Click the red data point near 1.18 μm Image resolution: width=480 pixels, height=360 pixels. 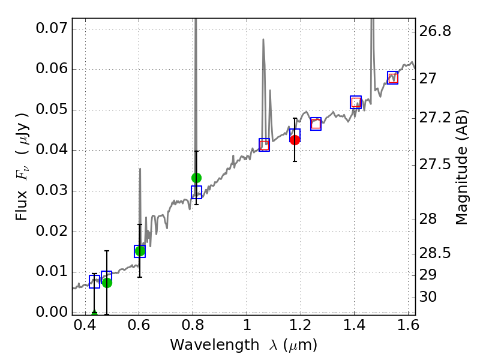[x=295, y=140]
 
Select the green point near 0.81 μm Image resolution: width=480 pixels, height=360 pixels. [x=196, y=178]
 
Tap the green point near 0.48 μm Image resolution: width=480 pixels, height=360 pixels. [x=107, y=283]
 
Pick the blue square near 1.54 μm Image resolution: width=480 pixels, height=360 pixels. [x=392, y=77]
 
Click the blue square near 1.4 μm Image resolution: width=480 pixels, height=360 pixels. [x=356, y=103]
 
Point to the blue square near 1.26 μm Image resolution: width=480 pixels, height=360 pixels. [x=316, y=124]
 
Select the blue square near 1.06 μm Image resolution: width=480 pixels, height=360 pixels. [x=264, y=145]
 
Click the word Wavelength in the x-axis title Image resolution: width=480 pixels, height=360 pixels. [x=205, y=345]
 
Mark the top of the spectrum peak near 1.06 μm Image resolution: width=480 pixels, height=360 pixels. [x=263, y=40]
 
